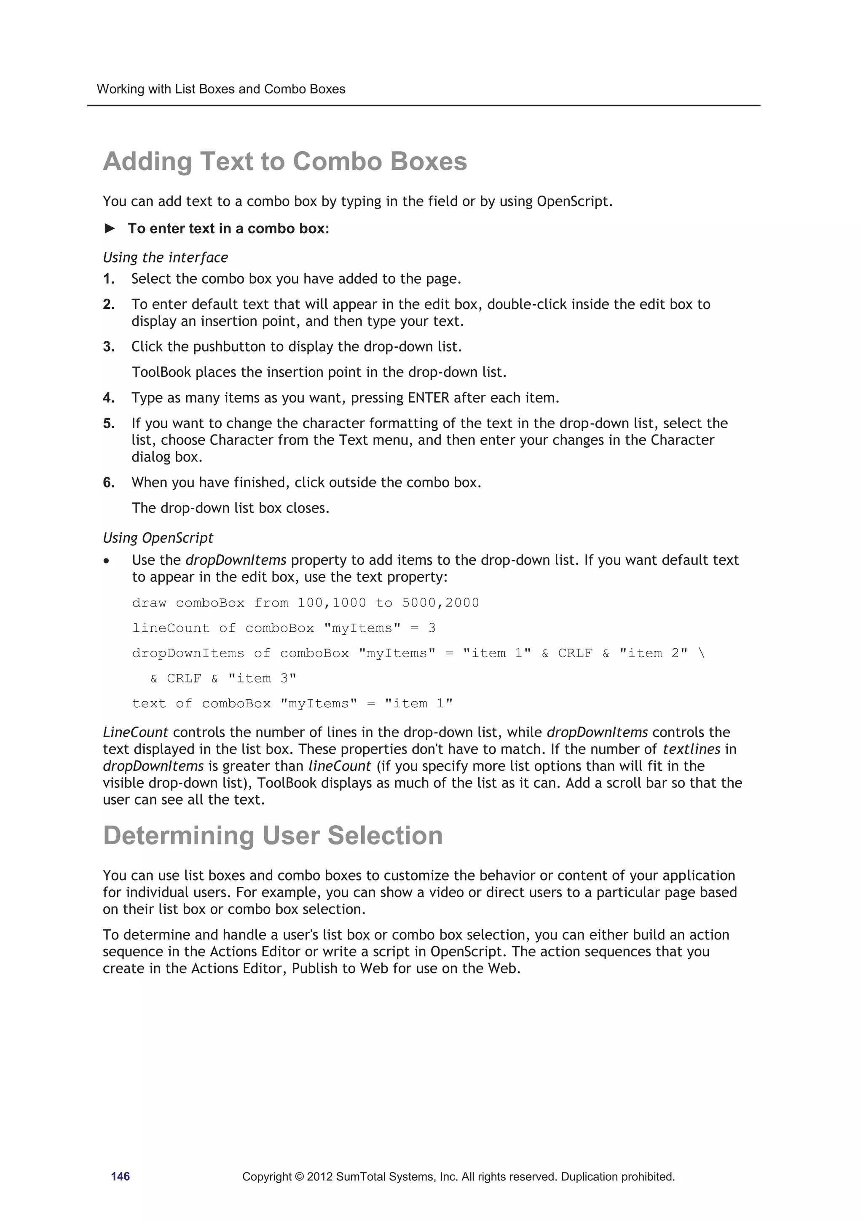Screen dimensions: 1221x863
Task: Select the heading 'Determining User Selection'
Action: coord(272,835)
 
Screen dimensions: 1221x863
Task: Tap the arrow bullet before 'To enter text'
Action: coord(110,229)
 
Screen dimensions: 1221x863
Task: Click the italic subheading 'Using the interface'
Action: coord(165,258)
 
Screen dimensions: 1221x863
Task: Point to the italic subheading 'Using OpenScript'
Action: coord(158,538)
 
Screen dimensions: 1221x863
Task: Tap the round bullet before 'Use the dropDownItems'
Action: coord(107,561)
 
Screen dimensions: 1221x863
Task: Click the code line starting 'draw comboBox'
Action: coord(305,603)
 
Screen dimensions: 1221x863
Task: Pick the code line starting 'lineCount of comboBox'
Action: coord(284,628)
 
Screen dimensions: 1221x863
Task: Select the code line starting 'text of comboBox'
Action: coord(292,703)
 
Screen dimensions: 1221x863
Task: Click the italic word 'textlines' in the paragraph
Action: coord(691,749)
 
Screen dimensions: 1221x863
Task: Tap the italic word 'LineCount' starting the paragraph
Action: coord(135,732)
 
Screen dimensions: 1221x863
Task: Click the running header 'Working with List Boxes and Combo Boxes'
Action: coord(221,89)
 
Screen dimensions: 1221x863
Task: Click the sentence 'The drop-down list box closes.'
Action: coord(230,508)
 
